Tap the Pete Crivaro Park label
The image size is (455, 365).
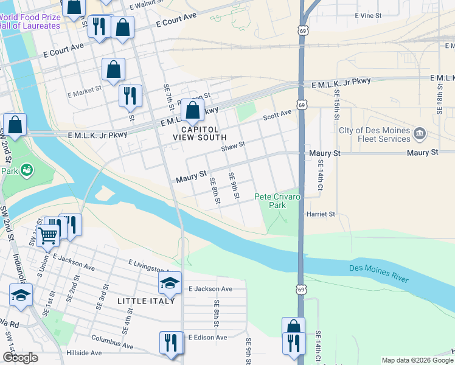[277, 201]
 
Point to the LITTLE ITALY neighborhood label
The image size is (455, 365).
[147, 301]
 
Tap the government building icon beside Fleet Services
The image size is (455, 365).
[420, 133]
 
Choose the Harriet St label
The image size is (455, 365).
[321, 214]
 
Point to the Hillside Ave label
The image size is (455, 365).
[84, 353]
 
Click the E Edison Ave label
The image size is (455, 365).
[207, 337]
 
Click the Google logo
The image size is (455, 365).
[20, 358]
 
